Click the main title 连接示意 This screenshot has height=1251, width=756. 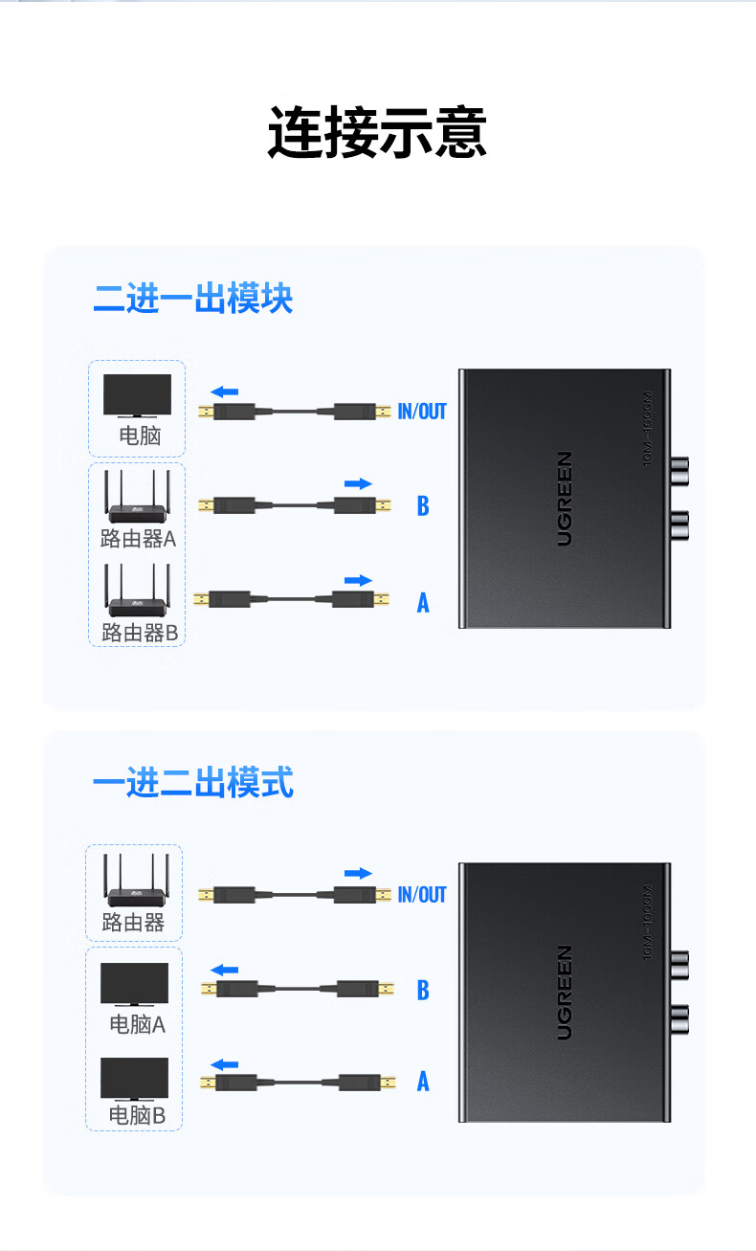[377, 132]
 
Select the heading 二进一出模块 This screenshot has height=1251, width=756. [192, 299]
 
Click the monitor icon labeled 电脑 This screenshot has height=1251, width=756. [137, 395]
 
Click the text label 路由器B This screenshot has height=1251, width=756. [140, 633]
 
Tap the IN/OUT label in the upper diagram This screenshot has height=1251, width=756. [422, 412]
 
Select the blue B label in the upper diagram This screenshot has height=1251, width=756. [423, 505]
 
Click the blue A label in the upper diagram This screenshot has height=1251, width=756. [423, 603]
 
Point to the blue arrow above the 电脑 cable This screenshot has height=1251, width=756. [225, 391]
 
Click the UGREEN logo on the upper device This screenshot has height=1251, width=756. [565, 498]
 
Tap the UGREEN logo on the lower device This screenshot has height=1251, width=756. [565, 993]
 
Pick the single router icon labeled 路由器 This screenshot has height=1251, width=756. [134, 882]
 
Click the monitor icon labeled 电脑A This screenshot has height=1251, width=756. [135, 984]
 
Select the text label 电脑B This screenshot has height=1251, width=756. [137, 1116]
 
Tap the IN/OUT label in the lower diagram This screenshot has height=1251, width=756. [422, 895]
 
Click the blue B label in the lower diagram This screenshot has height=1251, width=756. [423, 991]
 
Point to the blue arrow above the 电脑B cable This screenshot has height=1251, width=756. [225, 1064]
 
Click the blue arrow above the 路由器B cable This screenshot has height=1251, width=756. [357, 580]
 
